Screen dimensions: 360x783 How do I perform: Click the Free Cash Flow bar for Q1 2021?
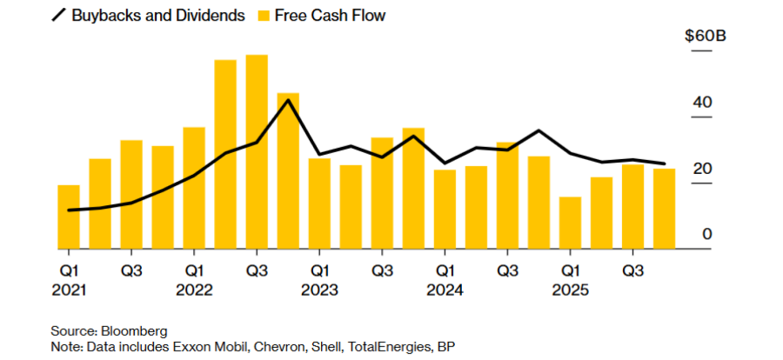69,217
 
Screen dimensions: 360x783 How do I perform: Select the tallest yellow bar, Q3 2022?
257,152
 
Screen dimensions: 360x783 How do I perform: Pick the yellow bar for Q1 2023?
319,204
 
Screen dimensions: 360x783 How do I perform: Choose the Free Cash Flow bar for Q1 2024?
445,210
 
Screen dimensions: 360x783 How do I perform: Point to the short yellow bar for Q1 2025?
570,223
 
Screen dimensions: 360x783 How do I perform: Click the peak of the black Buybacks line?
289,100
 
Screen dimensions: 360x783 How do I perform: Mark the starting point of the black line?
69,210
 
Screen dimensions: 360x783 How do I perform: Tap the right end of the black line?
665,163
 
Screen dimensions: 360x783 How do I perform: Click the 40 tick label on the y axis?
702,103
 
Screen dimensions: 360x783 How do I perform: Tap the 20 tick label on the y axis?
702,169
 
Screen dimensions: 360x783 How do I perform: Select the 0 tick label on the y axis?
706,234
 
